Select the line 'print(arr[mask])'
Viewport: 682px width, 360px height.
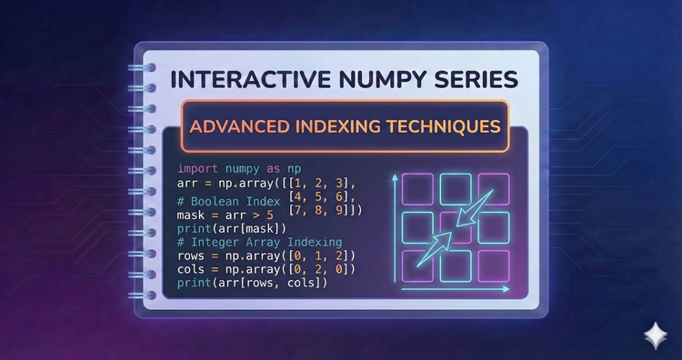tap(227, 228)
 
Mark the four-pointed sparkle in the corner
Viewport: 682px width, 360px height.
tap(652, 333)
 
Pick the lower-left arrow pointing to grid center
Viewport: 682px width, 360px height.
tap(431, 252)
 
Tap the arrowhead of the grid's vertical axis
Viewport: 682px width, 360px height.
tap(395, 179)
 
